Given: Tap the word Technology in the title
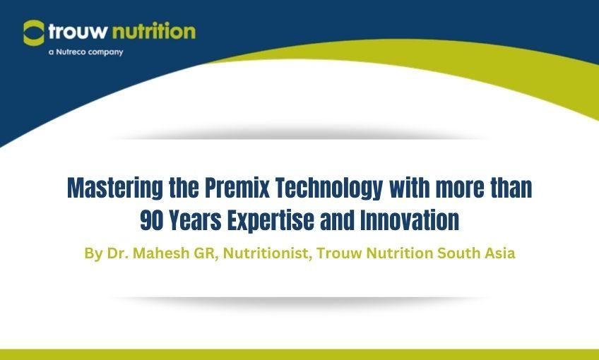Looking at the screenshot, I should click(x=333, y=189).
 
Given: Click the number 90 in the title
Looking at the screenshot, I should click(x=153, y=220).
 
